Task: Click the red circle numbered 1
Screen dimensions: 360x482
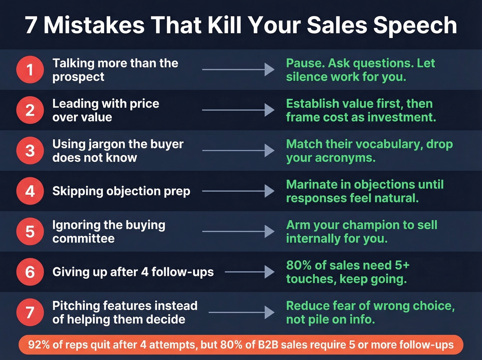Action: [x=30, y=70]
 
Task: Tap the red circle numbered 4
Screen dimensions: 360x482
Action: [x=30, y=191]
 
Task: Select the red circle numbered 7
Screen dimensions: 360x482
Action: [x=30, y=312]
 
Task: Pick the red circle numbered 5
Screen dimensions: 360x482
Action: [x=30, y=232]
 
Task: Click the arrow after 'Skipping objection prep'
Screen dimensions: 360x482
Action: [x=238, y=191]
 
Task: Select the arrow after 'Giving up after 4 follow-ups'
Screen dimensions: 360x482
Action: [x=250, y=272]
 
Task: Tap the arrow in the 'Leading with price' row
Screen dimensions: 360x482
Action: [x=238, y=110]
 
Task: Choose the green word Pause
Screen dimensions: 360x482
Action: [x=305, y=63]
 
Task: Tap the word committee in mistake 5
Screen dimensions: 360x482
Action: [x=83, y=238]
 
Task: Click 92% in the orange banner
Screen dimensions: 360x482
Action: [x=39, y=344]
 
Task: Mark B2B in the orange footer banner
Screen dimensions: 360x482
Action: [x=268, y=344]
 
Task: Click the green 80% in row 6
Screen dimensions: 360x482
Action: [x=298, y=265]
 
